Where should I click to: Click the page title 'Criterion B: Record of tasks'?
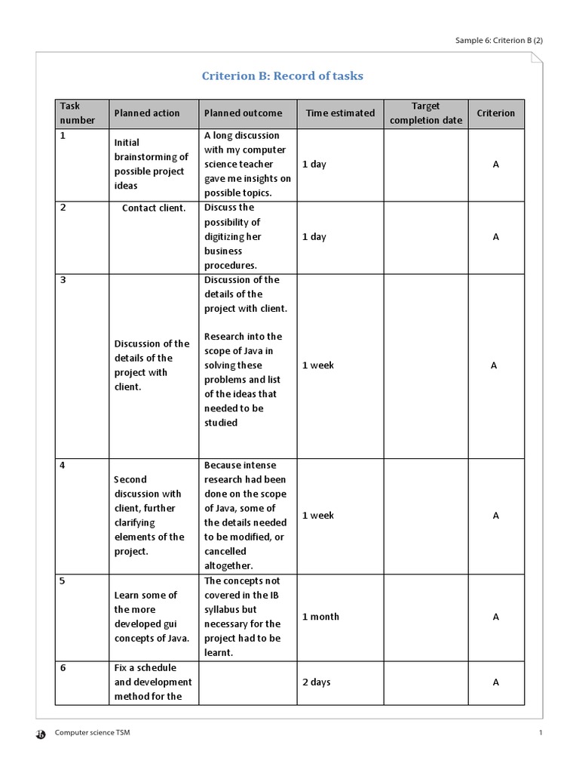(282, 76)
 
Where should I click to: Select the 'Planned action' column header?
(146, 113)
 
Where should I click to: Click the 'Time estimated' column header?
(340, 113)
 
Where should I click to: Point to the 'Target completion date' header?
(426, 113)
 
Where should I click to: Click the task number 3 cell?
(63, 280)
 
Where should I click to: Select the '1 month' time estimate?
(320, 617)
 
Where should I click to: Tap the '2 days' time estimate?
(317, 682)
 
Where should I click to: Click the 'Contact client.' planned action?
(154, 208)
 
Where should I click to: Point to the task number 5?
(63, 581)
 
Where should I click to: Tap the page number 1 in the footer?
(541, 733)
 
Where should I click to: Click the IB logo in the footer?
(41, 734)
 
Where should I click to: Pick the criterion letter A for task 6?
(495, 682)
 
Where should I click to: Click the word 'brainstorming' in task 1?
(151, 157)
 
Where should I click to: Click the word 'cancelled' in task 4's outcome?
(225, 552)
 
